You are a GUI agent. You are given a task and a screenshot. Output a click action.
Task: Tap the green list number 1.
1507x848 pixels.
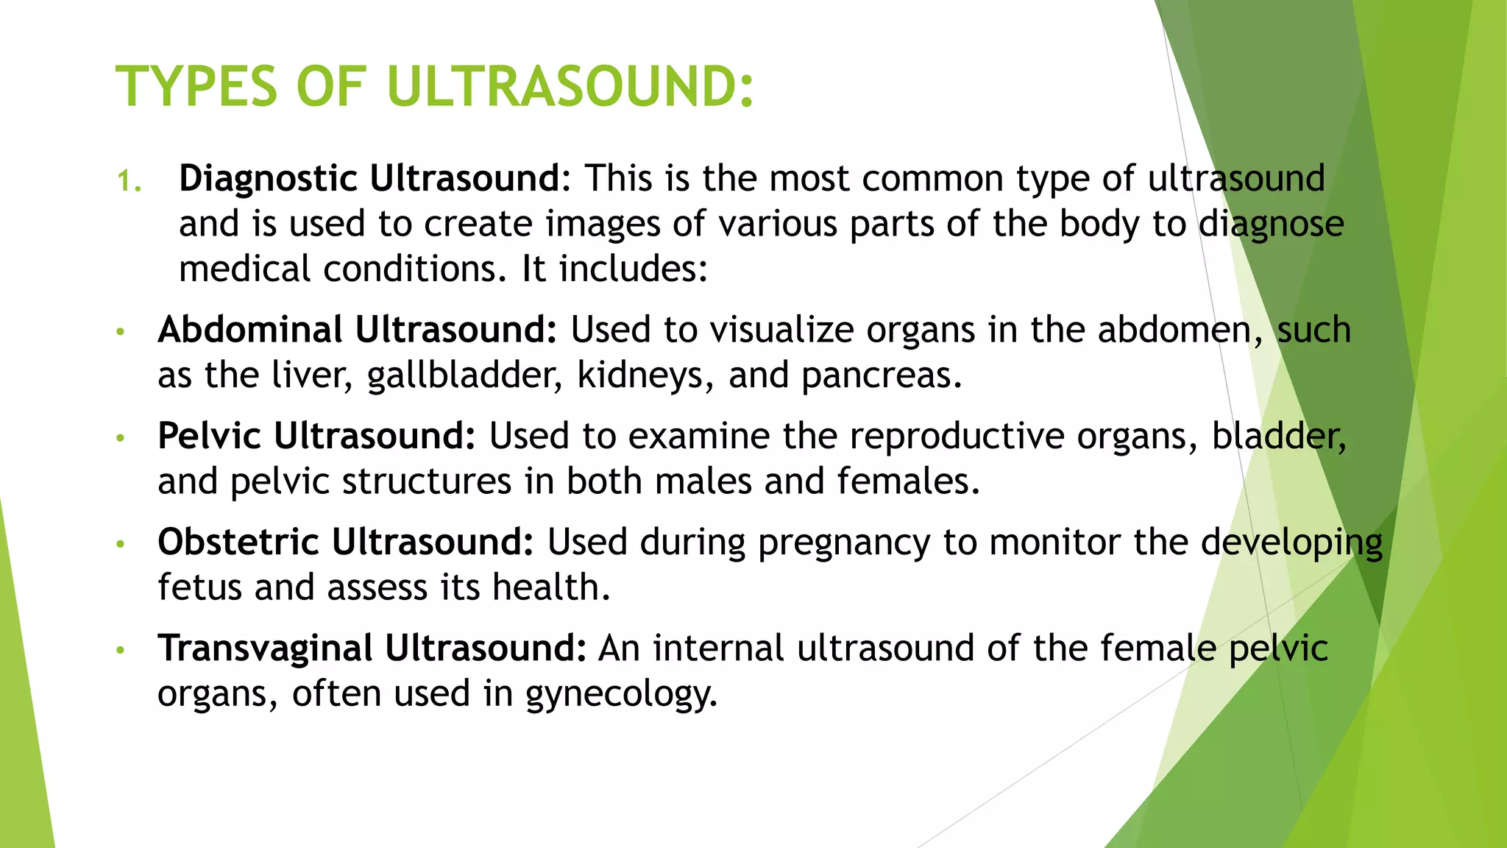click(128, 181)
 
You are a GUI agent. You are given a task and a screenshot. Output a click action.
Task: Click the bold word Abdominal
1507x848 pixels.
click(249, 330)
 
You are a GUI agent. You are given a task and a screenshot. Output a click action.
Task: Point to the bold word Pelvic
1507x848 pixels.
click(209, 436)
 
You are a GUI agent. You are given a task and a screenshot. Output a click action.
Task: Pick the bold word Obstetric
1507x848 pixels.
click(238, 542)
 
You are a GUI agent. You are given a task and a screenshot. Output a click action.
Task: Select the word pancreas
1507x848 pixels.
click(881, 376)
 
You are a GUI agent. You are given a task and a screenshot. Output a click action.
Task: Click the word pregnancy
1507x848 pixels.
click(844, 543)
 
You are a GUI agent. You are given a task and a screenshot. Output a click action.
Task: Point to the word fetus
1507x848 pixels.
click(199, 588)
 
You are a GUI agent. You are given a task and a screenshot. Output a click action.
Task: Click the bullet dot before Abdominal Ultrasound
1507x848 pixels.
click(121, 332)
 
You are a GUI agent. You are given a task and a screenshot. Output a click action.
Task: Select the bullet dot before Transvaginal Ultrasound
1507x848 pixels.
click(121, 650)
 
